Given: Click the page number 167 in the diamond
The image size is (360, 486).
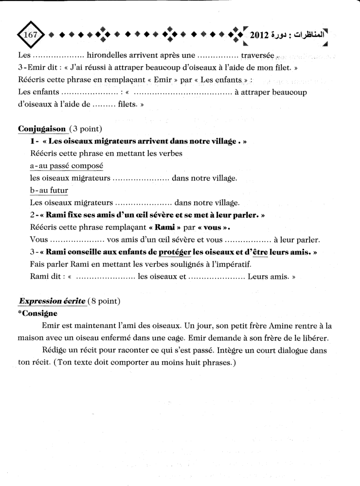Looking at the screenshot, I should click(x=31, y=35).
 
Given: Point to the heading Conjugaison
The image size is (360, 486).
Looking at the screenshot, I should click(x=42, y=129).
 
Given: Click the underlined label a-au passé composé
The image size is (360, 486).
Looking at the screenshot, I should click(x=66, y=166).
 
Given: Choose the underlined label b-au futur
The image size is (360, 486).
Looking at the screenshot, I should click(x=49, y=191).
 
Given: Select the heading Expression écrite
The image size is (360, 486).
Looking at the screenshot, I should click(x=52, y=301).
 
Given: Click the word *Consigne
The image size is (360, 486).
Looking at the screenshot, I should click(x=37, y=313).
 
